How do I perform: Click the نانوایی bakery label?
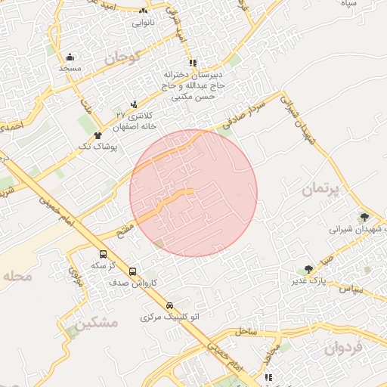(x=144, y=23)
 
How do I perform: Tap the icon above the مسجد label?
(x=70, y=57)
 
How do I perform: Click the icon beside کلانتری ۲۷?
(x=134, y=104)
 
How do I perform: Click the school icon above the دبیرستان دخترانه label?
(x=193, y=63)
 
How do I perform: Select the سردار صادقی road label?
(x=246, y=114)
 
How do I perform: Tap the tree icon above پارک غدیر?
(x=308, y=269)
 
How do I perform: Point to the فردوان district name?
(x=344, y=348)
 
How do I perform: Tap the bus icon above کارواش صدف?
(x=132, y=271)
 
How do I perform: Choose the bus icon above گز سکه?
(x=103, y=254)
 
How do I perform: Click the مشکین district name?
(x=98, y=323)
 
